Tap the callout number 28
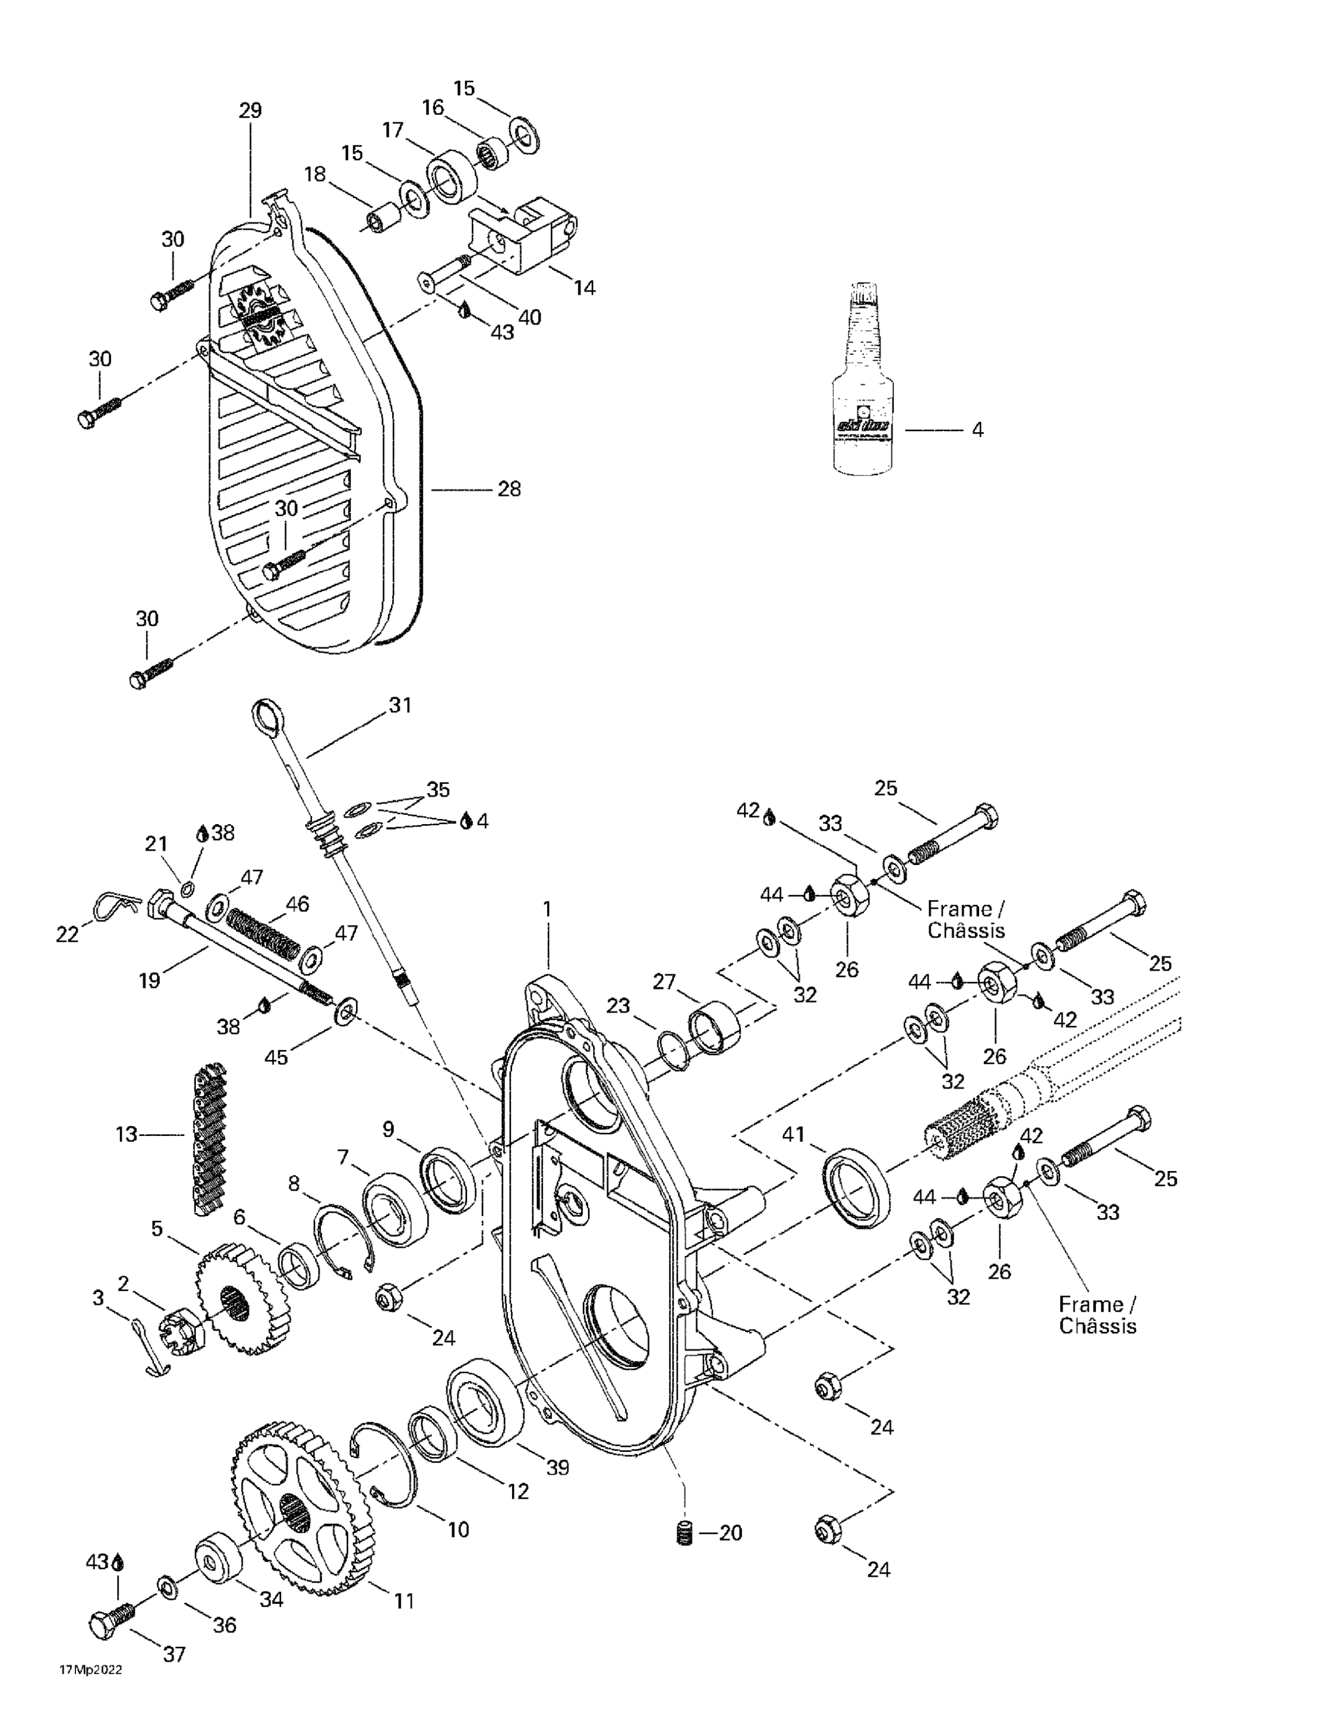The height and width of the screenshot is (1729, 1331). [509, 489]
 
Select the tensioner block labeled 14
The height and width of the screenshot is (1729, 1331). [524, 237]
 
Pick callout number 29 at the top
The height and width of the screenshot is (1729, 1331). [250, 110]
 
